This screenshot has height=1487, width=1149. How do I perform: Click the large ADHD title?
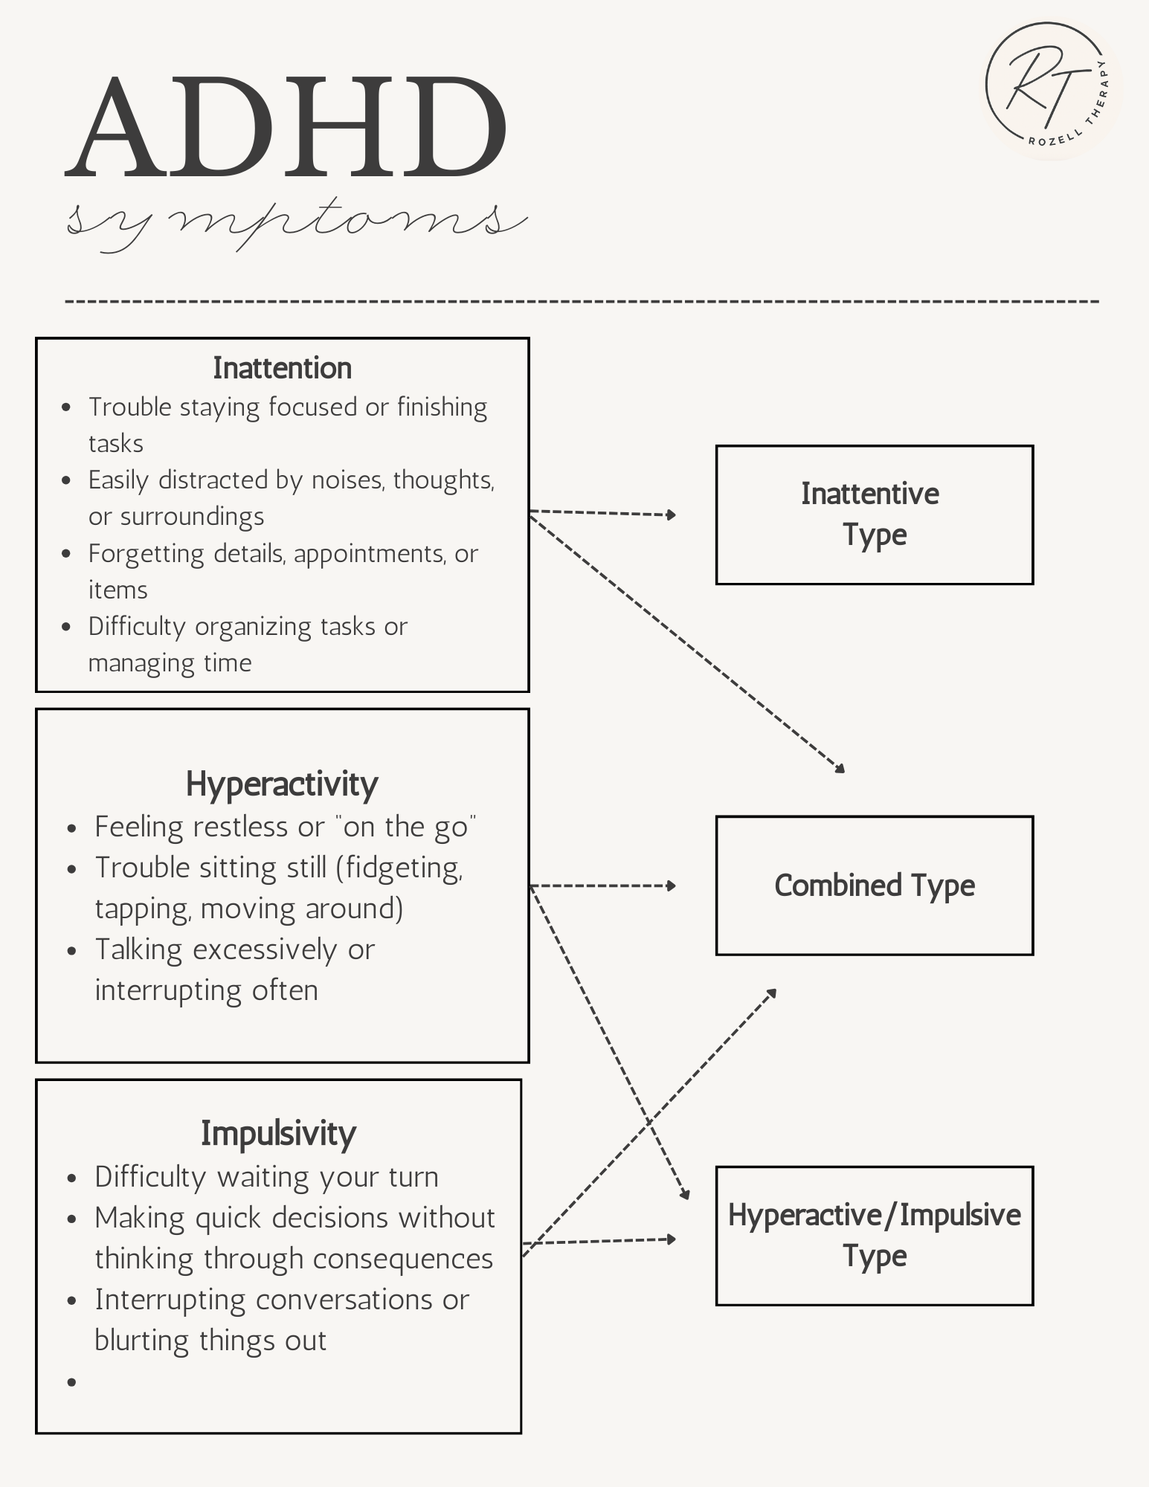286,128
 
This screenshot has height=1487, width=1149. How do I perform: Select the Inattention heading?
282,368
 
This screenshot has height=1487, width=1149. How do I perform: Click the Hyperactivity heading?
282,784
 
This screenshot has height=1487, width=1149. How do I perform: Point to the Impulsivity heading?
278,1133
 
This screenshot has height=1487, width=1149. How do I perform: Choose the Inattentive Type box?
874,515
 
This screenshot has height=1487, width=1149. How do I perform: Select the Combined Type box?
874,885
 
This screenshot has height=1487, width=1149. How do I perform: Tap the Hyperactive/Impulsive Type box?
874,1235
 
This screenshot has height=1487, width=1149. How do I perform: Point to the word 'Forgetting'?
146,554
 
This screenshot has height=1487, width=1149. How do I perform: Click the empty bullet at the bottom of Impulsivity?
72,1382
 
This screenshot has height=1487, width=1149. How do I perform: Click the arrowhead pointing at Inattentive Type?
671,515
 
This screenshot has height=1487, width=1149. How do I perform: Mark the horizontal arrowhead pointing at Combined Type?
671,886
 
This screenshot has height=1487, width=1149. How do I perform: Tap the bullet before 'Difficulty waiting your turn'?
72,1178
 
